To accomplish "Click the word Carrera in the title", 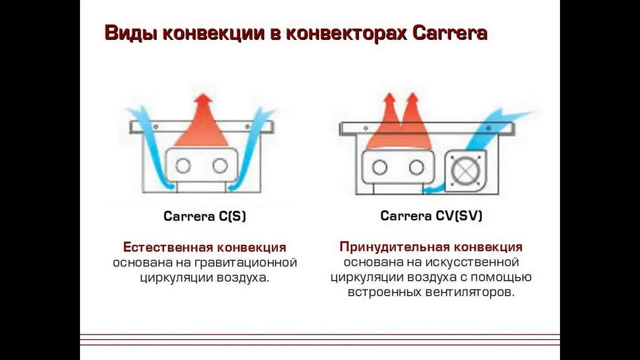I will click(x=450, y=33).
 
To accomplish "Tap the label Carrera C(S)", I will click(x=205, y=216).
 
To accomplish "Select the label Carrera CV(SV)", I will click(x=431, y=216).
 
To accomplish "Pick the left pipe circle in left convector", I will click(x=183, y=165).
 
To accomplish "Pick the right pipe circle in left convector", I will click(x=220, y=165).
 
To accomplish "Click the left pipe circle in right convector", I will click(x=379, y=167).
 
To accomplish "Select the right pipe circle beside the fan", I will click(x=416, y=167).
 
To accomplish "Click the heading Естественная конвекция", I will click(x=204, y=247).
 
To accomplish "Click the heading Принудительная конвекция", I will click(x=431, y=247).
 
